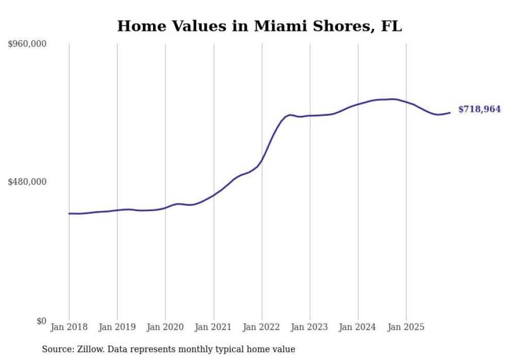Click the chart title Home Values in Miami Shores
click(259, 26)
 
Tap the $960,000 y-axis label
click(27, 44)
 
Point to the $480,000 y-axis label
click(27, 182)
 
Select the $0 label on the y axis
click(41, 321)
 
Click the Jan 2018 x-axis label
click(69, 327)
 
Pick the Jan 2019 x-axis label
click(117, 327)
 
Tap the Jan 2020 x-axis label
click(165, 327)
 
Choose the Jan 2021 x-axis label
click(213, 327)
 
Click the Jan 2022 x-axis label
click(262, 327)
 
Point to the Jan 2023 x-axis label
click(310, 327)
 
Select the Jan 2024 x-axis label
click(358, 327)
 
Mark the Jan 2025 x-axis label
click(406, 327)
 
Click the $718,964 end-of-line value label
click(479, 109)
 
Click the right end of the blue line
click(450, 112)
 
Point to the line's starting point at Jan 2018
click(69, 213)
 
